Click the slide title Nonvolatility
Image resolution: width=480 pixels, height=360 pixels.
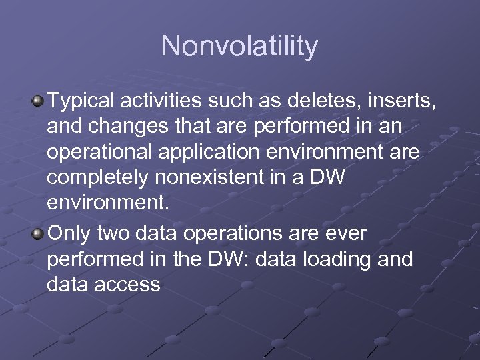[239, 46]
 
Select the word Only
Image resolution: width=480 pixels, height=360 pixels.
[69, 233]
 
